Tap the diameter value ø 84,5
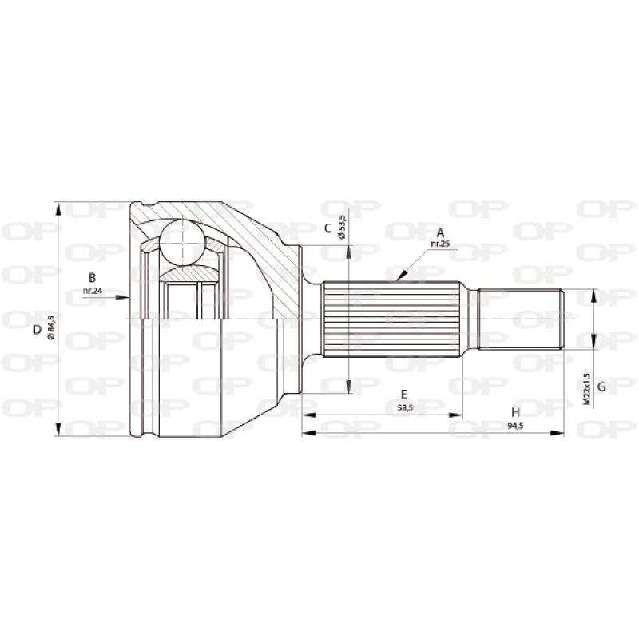[51, 329]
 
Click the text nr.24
[93, 291]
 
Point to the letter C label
[327, 228]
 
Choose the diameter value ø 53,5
[342, 227]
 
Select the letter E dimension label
[404, 394]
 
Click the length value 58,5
[404, 407]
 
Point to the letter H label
[516, 412]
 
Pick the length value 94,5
[516, 425]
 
